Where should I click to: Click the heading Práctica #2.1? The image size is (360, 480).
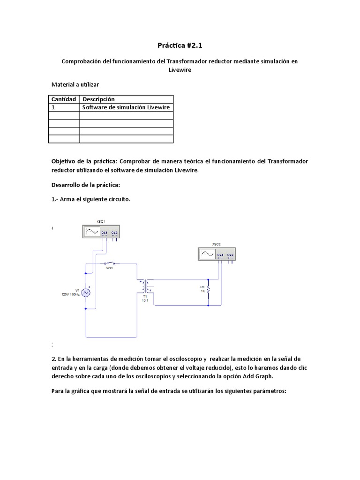pyautogui.click(x=180, y=45)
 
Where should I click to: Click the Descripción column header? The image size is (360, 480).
pyautogui.click(x=98, y=99)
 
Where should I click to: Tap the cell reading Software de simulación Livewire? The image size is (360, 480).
pyautogui.click(x=126, y=107)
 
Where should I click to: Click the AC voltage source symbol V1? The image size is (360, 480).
pyautogui.click(x=86, y=292)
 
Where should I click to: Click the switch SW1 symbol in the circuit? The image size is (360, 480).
pyautogui.click(x=110, y=263)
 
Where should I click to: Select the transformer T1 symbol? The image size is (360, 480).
pyautogui.click(x=145, y=285)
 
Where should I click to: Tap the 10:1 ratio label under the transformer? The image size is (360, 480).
pyautogui.click(x=145, y=300)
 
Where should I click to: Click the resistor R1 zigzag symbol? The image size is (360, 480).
pyautogui.click(x=208, y=289)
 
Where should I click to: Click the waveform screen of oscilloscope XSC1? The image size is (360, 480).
pyautogui.click(x=91, y=232)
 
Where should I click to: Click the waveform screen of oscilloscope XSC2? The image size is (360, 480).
pyautogui.click(x=207, y=254)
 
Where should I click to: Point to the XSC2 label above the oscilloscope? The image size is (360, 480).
pyautogui.click(x=216, y=244)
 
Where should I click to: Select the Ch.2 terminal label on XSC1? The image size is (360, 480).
pyautogui.click(x=114, y=232)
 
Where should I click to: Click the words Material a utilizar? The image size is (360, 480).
pyautogui.click(x=75, y=84)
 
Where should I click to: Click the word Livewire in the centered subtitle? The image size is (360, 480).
pyautogui.click(x=180, y=69)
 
